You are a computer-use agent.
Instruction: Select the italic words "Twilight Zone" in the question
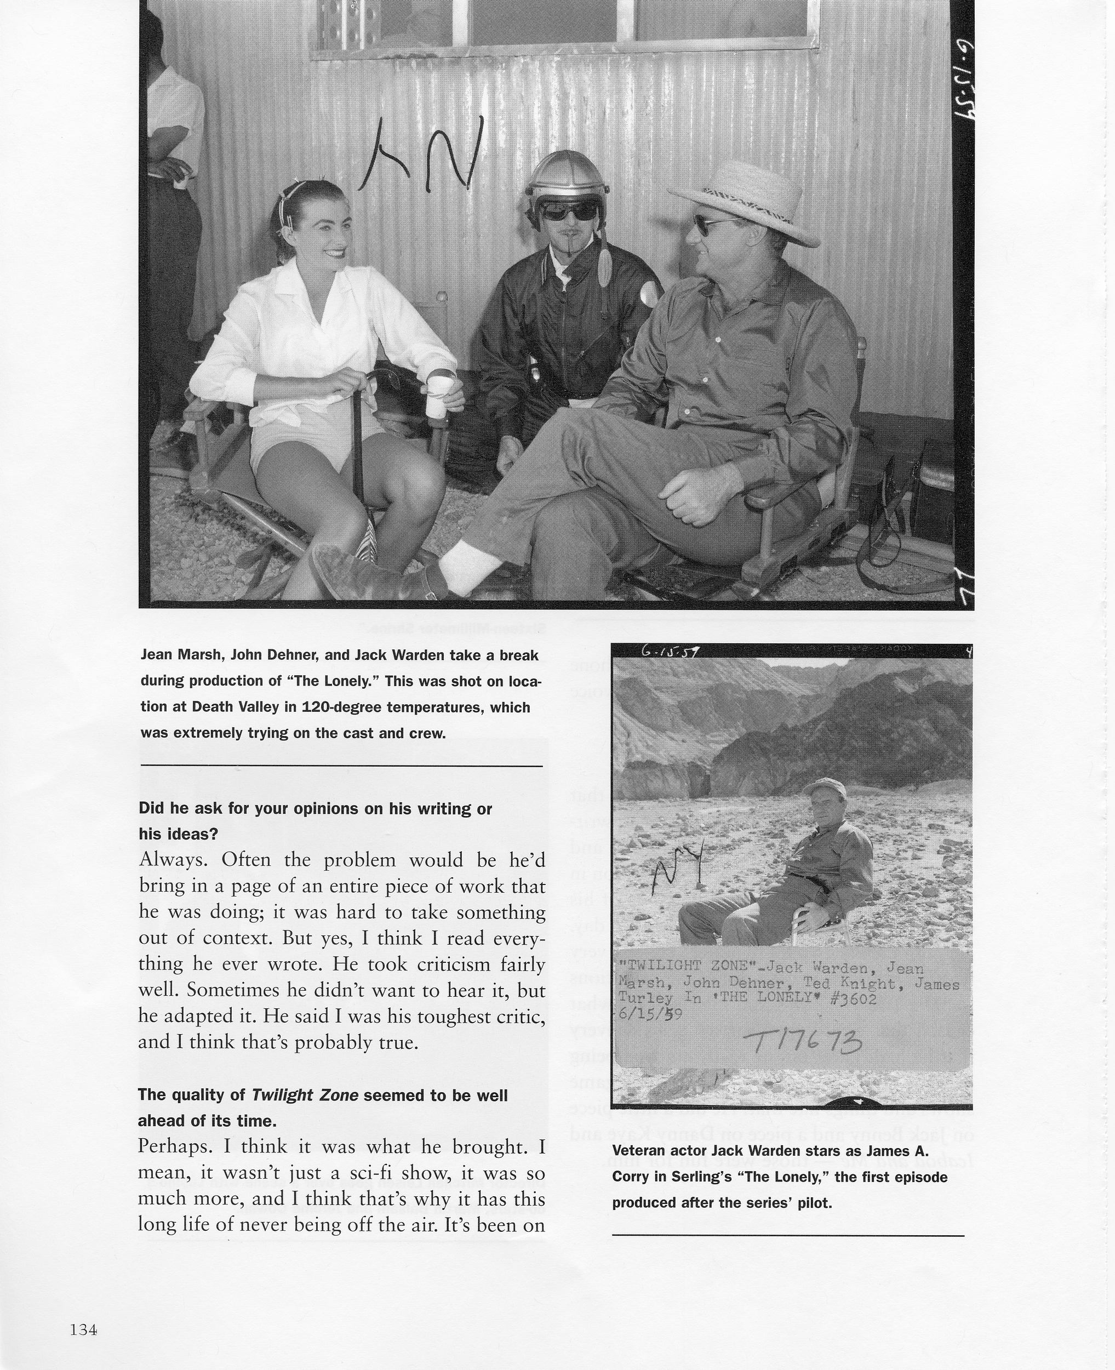tap(305, 1095)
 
